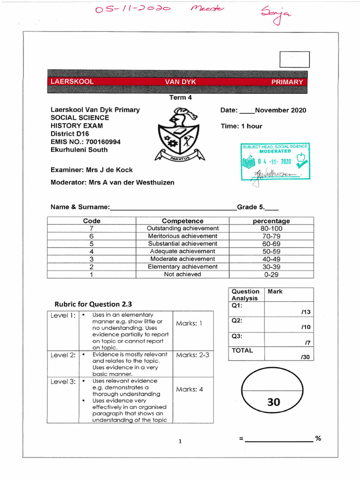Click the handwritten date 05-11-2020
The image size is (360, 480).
[132, 9]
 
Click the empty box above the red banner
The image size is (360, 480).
[294, 60]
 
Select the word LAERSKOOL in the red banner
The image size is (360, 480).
[72, 82]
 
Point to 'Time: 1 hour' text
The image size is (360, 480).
[241, 126]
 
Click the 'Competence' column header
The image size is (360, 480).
[182, 221]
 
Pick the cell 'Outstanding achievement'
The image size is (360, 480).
[182, 228]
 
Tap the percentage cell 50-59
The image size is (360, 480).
[271, 251]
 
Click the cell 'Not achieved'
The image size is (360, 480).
[182, 274]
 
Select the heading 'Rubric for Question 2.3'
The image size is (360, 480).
[93, 304]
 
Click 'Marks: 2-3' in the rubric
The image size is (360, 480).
[192, 355]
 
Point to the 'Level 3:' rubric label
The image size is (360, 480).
[63, 382]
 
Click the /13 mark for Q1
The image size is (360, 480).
[305, 311]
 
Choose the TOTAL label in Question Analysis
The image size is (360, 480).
[242, 350]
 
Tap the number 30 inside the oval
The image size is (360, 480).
[274, 402]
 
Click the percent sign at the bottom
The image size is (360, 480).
[318, 438]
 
